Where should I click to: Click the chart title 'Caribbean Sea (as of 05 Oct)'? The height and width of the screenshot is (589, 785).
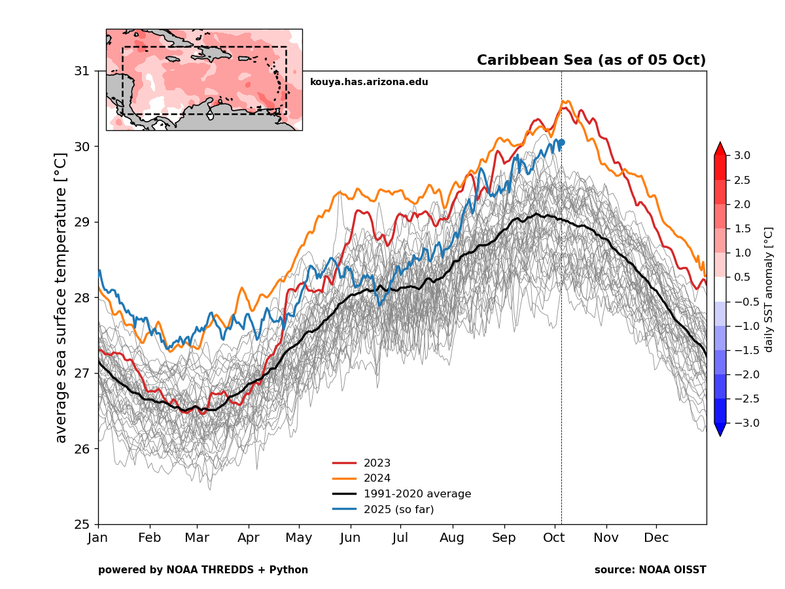tap(591, 61)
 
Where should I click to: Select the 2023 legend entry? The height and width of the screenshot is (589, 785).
tap(377, 463)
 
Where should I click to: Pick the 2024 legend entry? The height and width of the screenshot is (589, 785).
tap(377, 478)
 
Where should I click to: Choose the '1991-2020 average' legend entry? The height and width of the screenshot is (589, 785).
tap(417, 494)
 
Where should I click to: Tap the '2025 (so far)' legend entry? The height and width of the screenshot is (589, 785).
tap(398, 509)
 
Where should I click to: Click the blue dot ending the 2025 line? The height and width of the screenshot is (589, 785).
tap(561, 142)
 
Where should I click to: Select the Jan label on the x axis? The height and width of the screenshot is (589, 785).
tap(98, 538)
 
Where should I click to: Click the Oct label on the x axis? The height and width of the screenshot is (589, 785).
tap(555, 538)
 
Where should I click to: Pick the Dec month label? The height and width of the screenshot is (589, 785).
tap(656, 538)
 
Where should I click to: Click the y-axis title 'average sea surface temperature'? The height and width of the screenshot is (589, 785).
tap(61, 298)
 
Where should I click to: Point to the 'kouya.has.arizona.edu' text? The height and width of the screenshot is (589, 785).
tap(369, 82)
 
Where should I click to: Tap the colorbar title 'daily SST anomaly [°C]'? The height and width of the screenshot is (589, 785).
tap(769, 289)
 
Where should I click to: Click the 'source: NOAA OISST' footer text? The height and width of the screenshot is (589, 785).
tap(650, 570)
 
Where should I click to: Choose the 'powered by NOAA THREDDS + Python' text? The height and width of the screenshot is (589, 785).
tap(203, 570)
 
